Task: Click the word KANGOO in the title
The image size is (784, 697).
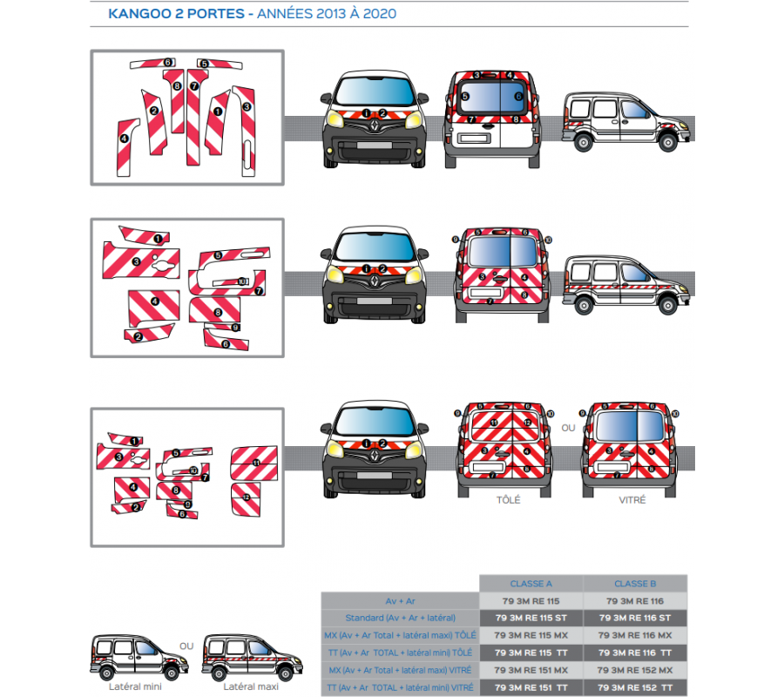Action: tap(139, 15)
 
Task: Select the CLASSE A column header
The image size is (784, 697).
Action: tap(531, 584)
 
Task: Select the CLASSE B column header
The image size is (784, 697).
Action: tap(635, 584)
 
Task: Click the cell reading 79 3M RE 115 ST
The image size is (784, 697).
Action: tap(531, 618)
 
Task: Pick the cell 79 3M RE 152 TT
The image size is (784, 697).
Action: tap(635, 687)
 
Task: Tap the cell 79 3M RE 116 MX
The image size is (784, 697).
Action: tap(635, 635)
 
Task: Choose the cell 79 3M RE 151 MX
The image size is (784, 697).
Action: tap(531, 670)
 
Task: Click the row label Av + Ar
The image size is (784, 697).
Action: tap(401, 600)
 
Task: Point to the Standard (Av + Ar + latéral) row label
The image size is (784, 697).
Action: tap(401, 618)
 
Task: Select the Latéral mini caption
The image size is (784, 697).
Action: tap(135, 687)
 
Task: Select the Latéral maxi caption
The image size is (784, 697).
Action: tap(250, 687)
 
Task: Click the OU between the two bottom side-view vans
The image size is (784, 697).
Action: tap(186, 646)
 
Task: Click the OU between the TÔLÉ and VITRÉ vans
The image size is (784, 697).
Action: tap(568, 428)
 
